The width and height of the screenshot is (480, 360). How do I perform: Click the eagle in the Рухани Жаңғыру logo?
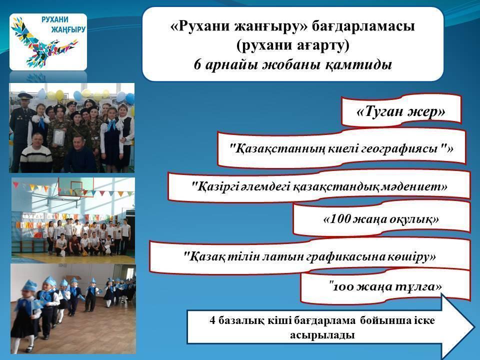coord(43,43)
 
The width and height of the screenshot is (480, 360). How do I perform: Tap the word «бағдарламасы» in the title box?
coord(363,26)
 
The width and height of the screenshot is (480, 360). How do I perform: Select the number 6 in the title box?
coord(198,64)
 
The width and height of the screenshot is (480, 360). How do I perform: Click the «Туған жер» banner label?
coord(400,111)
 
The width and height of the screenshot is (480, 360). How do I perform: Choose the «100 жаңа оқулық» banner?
coord(381,219)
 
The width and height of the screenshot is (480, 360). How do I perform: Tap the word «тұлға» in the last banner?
coord(418,287)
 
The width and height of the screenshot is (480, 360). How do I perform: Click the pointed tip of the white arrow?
coord(474,325)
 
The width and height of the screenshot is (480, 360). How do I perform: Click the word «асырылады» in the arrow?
coord(322,335)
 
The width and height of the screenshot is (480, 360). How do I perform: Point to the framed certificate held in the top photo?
coord(57,137)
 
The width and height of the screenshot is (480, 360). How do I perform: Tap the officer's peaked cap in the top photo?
coord(25,95)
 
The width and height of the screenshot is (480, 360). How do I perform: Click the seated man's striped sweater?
coord(36,158)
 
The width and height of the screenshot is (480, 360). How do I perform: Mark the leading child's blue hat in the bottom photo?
coord(29,285)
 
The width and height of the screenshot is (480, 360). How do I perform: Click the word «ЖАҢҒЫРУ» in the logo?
coord(68,29)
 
